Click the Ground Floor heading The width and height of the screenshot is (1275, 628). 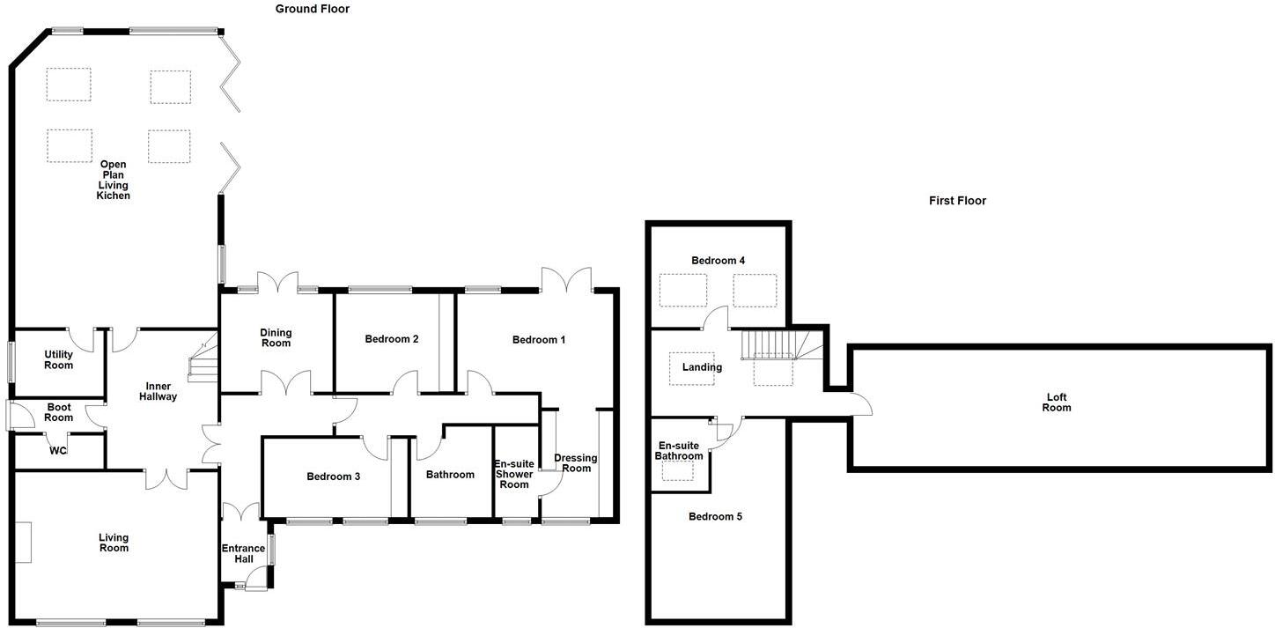point(312,9)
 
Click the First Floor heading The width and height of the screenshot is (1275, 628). point(957,201)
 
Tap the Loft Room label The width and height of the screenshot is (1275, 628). point(1057,402)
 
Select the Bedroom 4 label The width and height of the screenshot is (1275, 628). point(718,261)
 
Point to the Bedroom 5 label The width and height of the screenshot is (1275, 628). point(715,516)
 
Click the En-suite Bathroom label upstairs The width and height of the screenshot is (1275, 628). point(680,451)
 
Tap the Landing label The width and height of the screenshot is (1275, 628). point(702,367)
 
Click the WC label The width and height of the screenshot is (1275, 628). point(58,451)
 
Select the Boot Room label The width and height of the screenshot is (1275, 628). point(59,412)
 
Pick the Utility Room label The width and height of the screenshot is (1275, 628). point(59,359)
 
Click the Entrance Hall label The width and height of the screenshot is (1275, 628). point(243,554)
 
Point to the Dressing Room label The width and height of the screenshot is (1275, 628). point(576,462)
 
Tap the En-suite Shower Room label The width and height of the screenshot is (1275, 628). point(514,474)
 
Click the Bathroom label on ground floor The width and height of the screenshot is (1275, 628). point(450,475)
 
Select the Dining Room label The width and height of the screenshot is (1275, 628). point(276,337)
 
